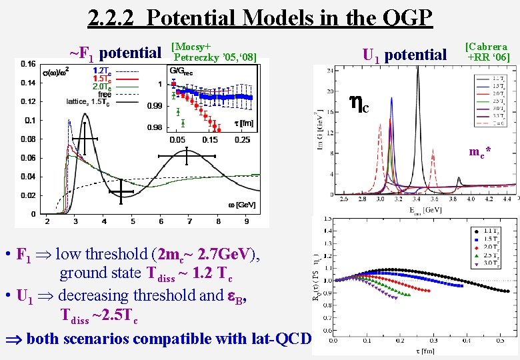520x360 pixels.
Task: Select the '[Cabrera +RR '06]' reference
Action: point(487,52)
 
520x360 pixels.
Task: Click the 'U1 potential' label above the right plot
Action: point(405,55)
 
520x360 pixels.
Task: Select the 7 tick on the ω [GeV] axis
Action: point(190,221)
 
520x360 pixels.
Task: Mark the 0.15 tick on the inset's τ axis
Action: point(210,139)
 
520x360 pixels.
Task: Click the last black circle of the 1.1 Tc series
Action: point(507,291)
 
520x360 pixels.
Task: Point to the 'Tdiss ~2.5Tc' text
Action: point(99,315)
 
